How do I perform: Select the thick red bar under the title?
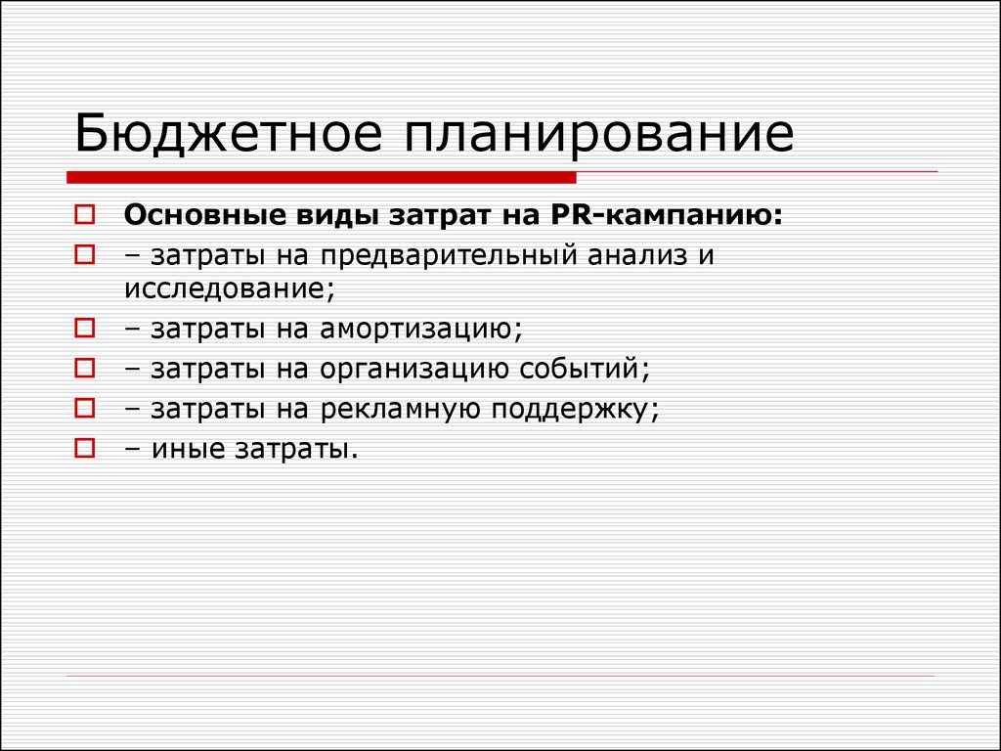(x=321, y=178)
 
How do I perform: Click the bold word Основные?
(x=205, y=215)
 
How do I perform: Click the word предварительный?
(x=448, y=255)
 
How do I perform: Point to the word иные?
(x=188, y=450)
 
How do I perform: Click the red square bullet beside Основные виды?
(x=84, y=214)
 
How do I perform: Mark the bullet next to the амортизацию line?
(x=84, y=329)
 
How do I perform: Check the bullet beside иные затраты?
(x=84, y=448)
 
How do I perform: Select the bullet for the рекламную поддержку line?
(x=84, y=408)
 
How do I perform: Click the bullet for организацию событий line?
(x=84, y=368)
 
